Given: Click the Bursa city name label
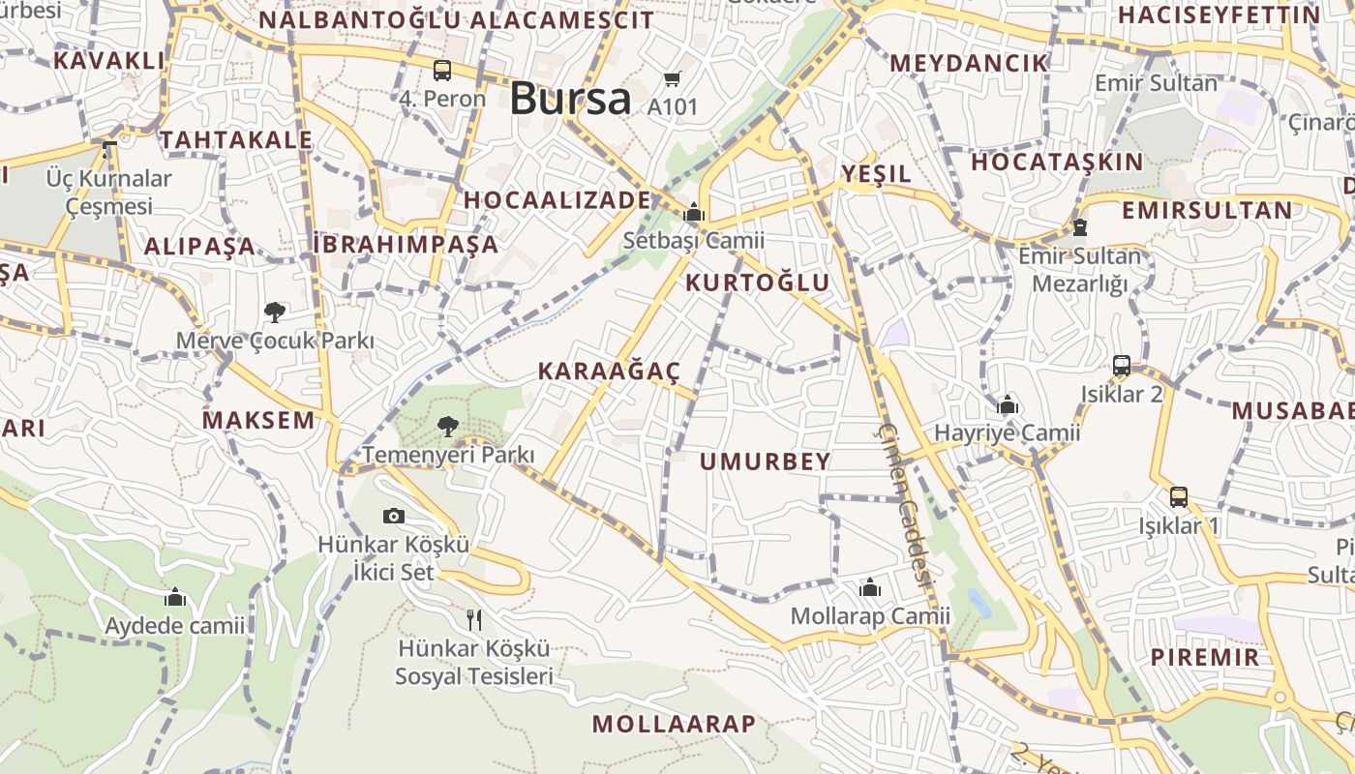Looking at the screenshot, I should tap(570, 99).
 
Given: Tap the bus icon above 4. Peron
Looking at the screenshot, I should tap(442, 71).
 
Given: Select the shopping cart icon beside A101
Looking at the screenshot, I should tap(673, 79).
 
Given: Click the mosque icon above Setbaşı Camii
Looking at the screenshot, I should tap(694, 213).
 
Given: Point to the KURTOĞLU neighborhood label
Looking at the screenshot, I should tap(758, 283).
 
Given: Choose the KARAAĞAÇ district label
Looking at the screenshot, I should tap(610, 371).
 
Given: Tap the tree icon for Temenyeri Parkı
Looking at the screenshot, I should tap(447, 426).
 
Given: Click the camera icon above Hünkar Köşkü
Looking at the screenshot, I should tap(394, 516).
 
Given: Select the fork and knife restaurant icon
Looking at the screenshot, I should tap(473, 619).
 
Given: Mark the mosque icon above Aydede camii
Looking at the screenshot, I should tap(175, 598).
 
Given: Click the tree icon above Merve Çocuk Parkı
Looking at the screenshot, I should tap(275, 312).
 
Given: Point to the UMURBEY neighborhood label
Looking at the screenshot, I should tap(766, 461).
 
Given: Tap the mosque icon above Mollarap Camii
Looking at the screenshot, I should tap(870, 588).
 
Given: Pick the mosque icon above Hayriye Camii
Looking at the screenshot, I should tap(1008, 404).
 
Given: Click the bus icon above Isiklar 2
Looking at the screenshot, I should tap(1122, 366).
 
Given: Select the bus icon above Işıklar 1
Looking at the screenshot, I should tap(1179, 497).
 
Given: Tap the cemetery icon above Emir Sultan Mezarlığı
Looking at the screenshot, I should tap(1079, 228).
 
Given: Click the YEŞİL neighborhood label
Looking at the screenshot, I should tap(876, 174).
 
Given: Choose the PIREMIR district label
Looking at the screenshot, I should tap(1205, 658).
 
